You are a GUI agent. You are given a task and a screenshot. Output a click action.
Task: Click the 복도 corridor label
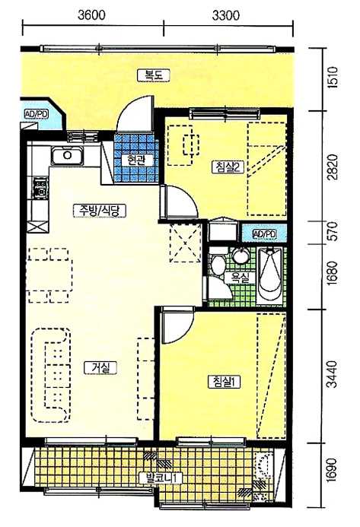[x=154, y=75]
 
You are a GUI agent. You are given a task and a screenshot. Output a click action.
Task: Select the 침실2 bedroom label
[x=228, y=167]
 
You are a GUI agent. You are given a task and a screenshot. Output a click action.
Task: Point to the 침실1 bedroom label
[x=225, y=382]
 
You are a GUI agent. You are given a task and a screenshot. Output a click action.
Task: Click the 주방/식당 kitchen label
[x=100, y=211]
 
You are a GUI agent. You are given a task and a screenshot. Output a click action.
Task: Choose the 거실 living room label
[x=100, y=368]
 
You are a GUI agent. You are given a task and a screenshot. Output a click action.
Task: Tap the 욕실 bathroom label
[x=241, y=278]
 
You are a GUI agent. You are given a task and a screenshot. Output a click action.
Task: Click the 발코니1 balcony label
[x=160, y=478]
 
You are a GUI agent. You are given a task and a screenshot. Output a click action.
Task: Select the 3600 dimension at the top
[x=91, y=15]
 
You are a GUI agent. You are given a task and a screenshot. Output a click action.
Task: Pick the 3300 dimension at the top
[x=226, y=15]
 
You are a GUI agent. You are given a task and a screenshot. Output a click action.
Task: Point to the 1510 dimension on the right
[x=333, y=78]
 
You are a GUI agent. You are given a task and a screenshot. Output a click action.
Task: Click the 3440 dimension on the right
[x=333, y=374]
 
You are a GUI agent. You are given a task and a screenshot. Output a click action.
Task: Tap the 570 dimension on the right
[x=333, y=231]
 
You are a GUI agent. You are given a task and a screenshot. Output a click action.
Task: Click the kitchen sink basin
[x=67, y=156]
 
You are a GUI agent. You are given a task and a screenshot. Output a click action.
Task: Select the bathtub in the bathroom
[x=270, y=275]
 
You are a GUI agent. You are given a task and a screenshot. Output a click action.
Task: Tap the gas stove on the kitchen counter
[x=40, y=189]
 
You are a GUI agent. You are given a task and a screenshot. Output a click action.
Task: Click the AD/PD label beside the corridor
[x=37, y=114]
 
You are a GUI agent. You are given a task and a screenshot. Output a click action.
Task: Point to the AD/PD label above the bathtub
[x=264, y=233]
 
